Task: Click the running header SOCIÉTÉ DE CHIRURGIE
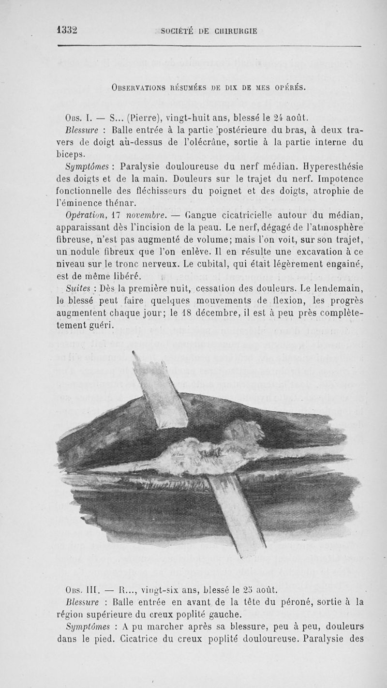click(209, 32)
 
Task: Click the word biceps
click(71, 154)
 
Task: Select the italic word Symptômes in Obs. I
click(83, 166)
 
